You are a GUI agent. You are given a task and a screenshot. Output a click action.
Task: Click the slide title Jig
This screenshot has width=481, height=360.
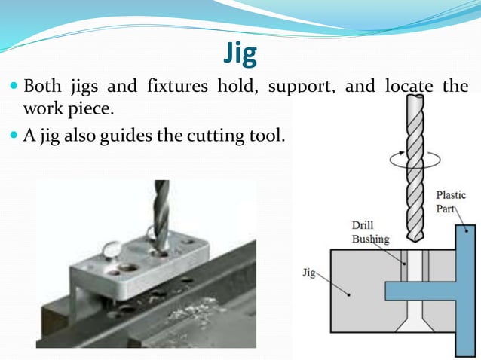tap(240, 53)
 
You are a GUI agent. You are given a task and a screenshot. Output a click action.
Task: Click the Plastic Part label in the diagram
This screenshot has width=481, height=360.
tap(451, 202)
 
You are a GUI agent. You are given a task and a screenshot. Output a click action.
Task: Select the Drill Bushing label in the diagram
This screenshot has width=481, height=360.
tap(370, 232)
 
